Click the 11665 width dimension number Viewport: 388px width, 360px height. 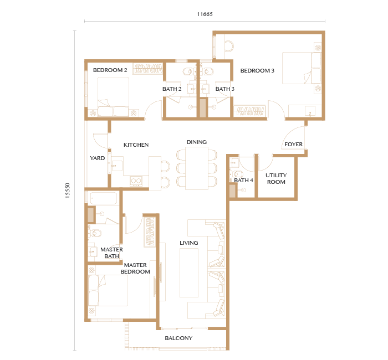(205, 14)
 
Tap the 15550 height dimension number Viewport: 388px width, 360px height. (68, 191)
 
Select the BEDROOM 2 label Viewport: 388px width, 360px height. (110, 70)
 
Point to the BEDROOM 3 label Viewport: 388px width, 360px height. (257, 70)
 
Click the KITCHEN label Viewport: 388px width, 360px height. (136, 145)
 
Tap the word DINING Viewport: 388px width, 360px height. (196, 142)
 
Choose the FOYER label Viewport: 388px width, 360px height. (293, 144)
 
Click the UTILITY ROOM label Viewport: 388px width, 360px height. (276, 178)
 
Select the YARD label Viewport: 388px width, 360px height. (97, 158)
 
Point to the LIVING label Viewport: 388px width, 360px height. (189, 243)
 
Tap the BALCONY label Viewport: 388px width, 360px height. (178, 338)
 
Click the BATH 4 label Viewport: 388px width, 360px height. (243, 180)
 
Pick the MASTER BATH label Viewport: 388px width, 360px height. (111, 253)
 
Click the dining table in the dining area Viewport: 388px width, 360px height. (197, 168)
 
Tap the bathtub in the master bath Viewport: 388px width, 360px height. (104, 198)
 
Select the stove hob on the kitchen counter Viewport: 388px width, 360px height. (136, 181)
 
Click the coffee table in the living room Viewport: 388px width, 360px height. (189, 272)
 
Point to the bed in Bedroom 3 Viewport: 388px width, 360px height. (302, 68)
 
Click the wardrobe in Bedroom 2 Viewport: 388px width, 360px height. (148, 68)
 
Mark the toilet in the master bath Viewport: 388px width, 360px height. (95, 233)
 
